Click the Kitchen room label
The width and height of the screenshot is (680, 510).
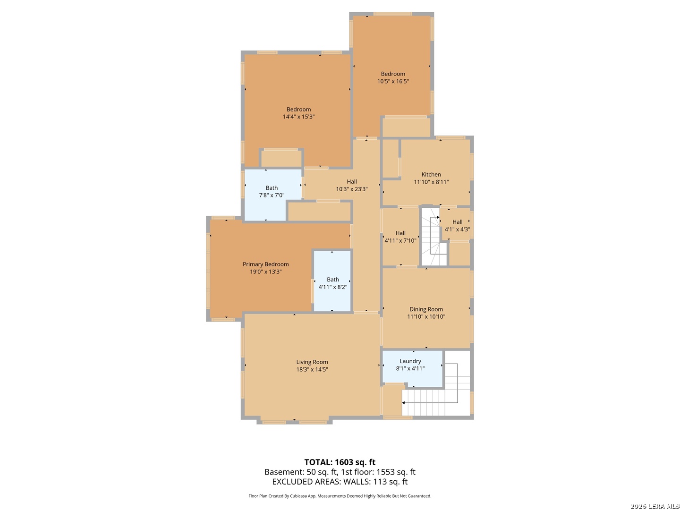pos(431,175)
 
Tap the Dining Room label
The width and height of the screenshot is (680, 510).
pos(426,309)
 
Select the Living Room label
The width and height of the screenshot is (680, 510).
pos(312,362)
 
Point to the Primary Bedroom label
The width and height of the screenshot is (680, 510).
pos(265,264)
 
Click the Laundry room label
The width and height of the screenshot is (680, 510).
pos(410,361)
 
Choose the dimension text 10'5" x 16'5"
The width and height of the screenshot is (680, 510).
pos(393,81)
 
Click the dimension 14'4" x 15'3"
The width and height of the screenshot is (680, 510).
pos(298,117)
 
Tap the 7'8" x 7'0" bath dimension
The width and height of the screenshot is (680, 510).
pos(272,195)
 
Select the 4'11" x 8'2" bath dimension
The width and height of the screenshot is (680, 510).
pos(333,287)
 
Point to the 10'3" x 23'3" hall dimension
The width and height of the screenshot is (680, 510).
pos(352,189)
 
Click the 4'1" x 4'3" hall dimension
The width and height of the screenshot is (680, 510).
pos(457,229)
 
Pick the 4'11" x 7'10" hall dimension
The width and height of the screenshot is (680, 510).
pos(400,241)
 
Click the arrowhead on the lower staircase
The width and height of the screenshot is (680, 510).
pos(403,402)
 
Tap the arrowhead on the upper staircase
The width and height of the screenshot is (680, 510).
pos(438,217)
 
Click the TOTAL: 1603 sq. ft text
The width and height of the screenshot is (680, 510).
pos(340,462)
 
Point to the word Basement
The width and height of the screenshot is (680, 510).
pos(283,472)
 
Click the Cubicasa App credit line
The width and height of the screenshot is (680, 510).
pos(340,496)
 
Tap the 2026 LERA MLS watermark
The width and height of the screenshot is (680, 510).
pos(654,506)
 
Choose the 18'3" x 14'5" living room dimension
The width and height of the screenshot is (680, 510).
pos(312,369)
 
